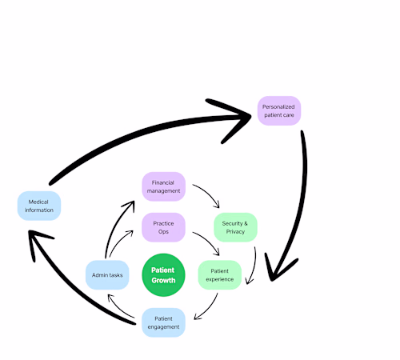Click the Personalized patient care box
(x=278, y=110)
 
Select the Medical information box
(x=39, y=206)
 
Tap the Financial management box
(x=163, y=187)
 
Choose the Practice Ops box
(x=163, y=226)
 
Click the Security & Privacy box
(x=235, y=226)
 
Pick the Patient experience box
(x=219, y=275)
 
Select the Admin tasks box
(x=106, y=275)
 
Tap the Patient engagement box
(x=163, y=322)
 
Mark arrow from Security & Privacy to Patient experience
(x=254, y=264)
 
